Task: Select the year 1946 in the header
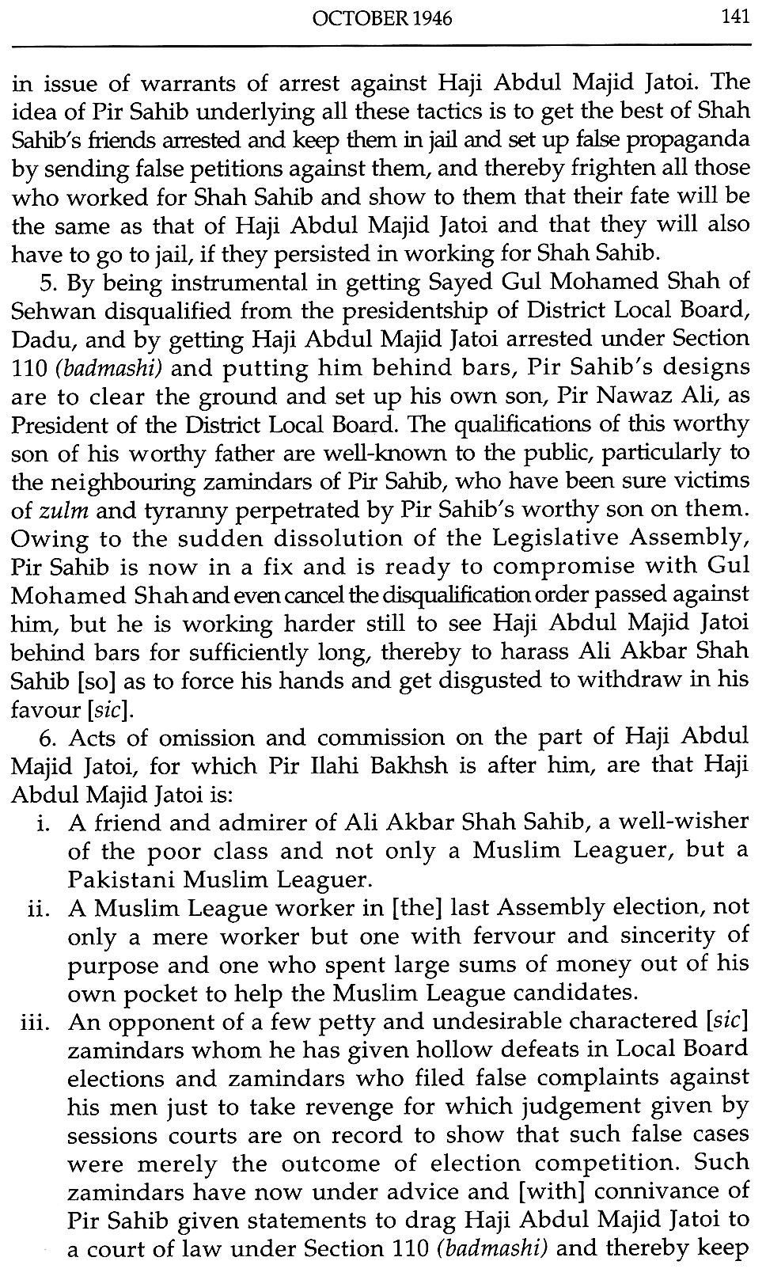coord(431,17)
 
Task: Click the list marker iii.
coord(35,1022)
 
